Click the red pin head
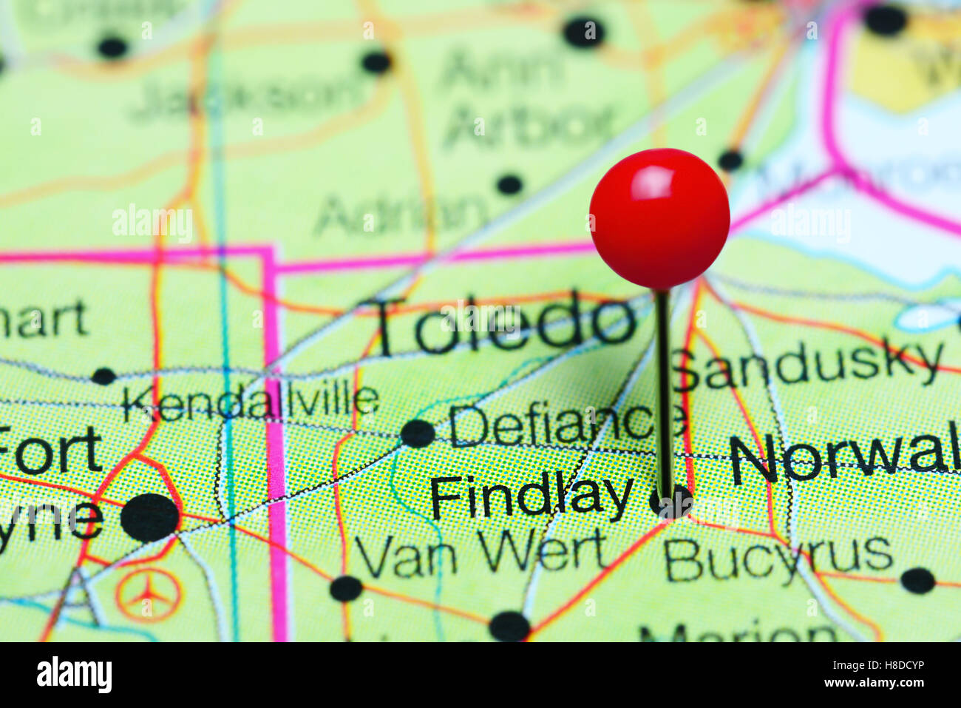coord(659,218)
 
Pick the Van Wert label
coord(481,555)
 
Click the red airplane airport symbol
coord(149,594)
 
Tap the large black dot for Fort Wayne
coord(150,517)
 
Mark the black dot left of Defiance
coord(418,433)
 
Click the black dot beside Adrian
coord(509,183)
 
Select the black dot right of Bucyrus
coord(917,580)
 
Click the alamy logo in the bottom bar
coord(74,675)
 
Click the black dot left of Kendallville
coord(103,376)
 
